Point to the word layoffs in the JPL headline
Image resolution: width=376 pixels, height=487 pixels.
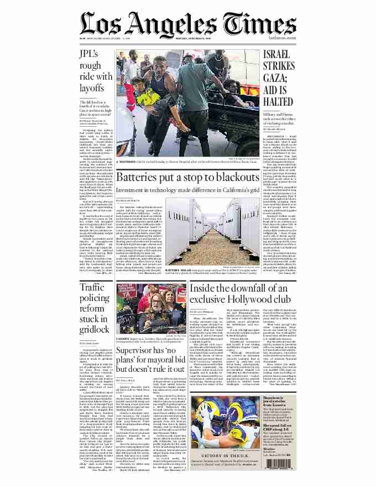(x=92, y=88)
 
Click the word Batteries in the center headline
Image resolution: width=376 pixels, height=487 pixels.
(x=143, y=178)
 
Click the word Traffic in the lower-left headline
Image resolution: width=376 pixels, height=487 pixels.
(x=92, y=287)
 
